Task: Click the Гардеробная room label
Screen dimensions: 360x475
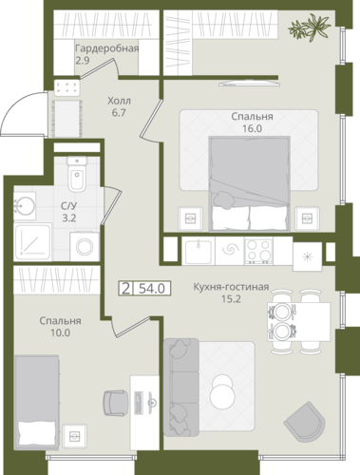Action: coord(107,48)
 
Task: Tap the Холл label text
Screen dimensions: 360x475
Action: coord(119,101)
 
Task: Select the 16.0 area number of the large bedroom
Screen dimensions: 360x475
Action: coord(252,128)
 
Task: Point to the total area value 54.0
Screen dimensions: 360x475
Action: coord(152,289)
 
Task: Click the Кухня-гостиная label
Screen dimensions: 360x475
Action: coord(231,287)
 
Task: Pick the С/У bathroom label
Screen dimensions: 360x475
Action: coord(69,206)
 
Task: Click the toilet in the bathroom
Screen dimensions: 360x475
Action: coord(77,174)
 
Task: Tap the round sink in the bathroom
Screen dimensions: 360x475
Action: coord(25,206)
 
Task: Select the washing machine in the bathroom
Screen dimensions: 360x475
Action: coord(85,247)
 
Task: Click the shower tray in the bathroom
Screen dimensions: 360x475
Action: coord(32,242)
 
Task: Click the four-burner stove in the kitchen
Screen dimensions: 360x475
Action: coord(258,252)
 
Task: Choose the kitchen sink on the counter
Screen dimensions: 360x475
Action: coord(199,252)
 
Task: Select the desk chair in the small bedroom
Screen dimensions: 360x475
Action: coord(116,403)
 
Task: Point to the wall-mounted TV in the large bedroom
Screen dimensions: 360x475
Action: coord(250,84)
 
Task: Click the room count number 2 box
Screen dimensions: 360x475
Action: coord(125,289)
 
